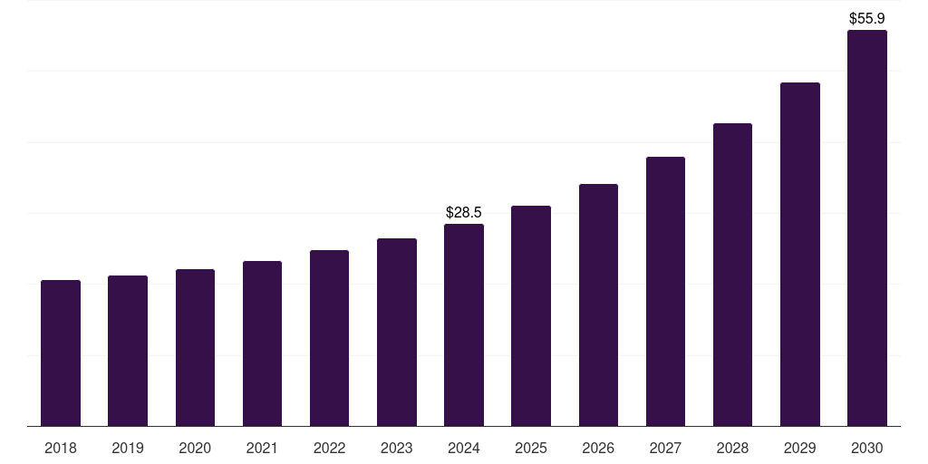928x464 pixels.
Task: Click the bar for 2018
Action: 61,353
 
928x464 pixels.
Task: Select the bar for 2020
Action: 195,348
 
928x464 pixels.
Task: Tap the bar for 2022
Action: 329,338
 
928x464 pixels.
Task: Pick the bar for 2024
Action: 464,325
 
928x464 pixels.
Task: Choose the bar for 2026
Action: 598,305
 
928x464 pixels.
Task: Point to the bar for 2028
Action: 732,275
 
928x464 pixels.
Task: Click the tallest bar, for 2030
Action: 866,228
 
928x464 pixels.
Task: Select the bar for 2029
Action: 799,255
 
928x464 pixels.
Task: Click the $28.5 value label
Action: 464,213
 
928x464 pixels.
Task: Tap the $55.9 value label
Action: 866,18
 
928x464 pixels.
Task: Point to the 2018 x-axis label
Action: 61,448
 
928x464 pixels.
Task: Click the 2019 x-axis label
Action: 128,448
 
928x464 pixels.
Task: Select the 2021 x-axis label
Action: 262,448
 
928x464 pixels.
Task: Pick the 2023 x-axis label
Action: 396,448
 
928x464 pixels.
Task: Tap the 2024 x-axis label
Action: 464,448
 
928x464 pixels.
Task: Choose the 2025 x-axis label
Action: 531,448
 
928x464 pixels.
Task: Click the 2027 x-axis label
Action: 665,448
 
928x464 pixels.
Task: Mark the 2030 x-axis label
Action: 866,448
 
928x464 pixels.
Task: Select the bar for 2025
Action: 531,316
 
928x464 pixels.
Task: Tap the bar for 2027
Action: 665,292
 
